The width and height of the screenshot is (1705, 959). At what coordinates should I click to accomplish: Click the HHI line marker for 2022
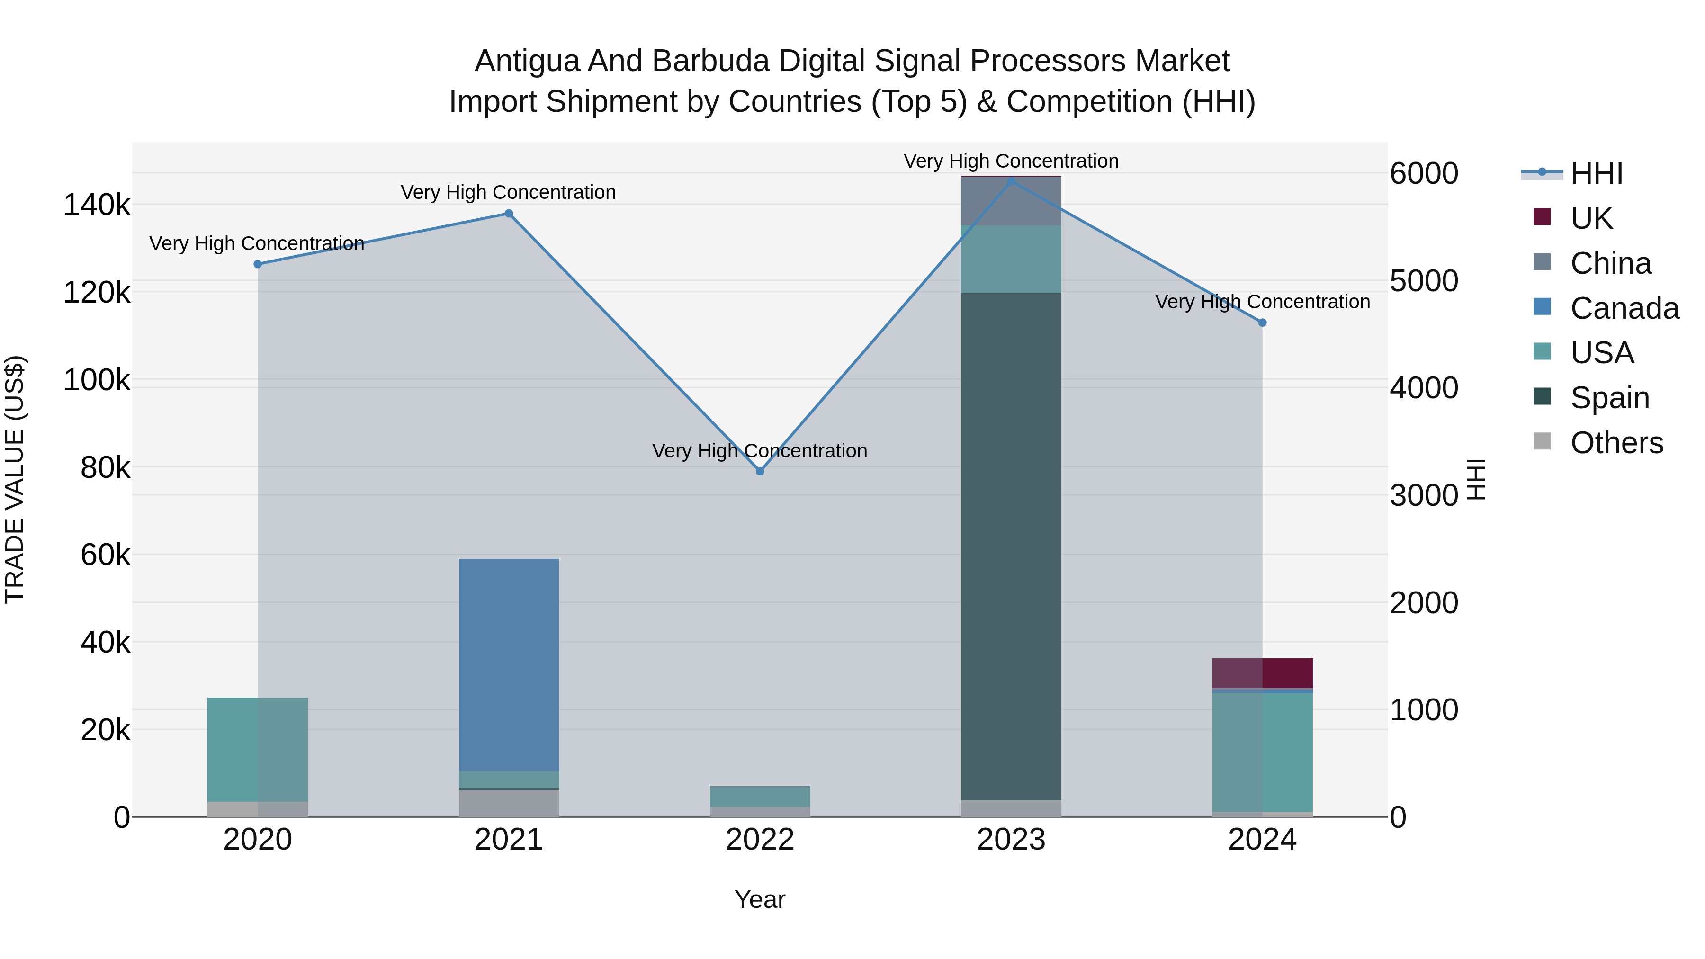(760, 471)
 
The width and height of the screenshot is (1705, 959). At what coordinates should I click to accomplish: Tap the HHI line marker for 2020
(258, 264)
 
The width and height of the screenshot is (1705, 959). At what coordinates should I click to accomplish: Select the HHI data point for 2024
(1262, 323)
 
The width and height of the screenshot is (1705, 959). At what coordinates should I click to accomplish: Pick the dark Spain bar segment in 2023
(1011, 546)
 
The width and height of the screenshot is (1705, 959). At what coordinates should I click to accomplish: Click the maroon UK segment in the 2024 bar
(1262, 673)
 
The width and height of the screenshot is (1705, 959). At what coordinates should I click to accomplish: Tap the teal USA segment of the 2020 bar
(258, 749)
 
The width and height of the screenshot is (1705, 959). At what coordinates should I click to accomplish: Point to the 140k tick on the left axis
(97, 205)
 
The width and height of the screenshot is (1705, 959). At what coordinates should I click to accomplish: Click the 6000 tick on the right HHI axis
(1424, 173)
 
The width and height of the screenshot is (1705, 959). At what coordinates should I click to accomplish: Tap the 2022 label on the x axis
(760, 840)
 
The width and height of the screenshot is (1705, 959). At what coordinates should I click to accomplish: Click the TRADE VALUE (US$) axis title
(15, 479)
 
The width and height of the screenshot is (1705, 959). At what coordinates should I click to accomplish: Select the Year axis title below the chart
(760, 899)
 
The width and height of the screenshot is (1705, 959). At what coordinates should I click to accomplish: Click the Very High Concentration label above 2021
(508, 193)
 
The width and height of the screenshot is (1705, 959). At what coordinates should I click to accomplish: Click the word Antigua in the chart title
(526, 61)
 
